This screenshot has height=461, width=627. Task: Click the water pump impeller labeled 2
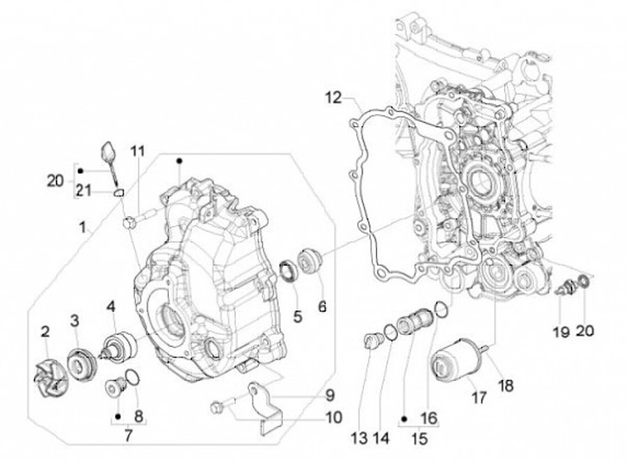coord(51,376)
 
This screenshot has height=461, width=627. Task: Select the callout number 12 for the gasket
coord(333,98)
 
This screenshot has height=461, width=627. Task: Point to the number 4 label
coord(111,308)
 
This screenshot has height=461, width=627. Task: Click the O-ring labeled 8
coord(132,378)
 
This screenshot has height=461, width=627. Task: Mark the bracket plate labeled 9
coord(265,409)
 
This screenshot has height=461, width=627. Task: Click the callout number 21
coord(84,191)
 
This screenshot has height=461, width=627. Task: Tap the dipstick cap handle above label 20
coord(108,152)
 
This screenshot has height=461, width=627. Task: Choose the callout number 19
coord(561,332)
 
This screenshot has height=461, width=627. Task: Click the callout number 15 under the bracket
coord(420,439)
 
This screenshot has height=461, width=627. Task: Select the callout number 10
coord(334,417)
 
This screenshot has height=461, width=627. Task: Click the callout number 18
coord(506,387)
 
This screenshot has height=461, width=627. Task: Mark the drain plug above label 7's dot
coord(116,388)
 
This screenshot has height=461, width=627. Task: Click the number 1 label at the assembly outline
coord(83,228)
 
